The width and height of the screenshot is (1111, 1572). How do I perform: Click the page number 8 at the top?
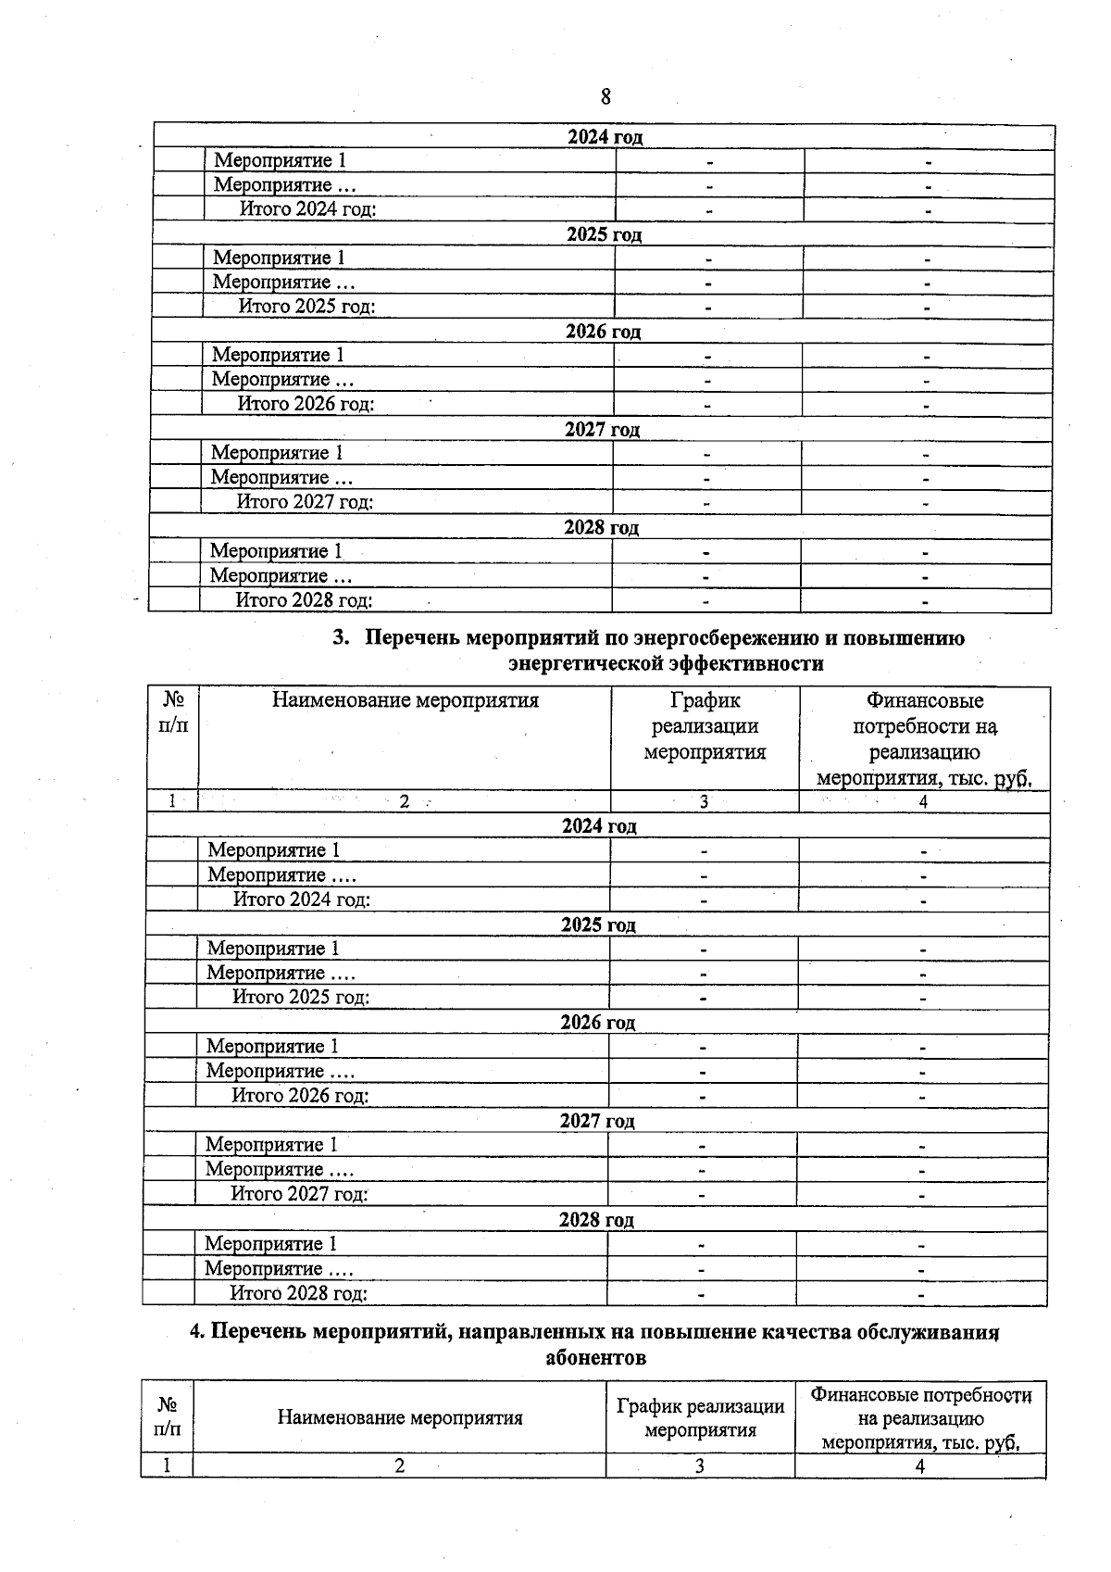pyautogui.click(x=605, y=96)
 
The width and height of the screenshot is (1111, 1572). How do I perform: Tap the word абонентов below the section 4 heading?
pyautogui.click(x=595, y=1358)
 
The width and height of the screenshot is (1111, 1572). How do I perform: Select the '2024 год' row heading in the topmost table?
pyautogui.click(x=605, y=137)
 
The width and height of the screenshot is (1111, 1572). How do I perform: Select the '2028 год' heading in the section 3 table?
pyautogui.click(x=596, y=1219)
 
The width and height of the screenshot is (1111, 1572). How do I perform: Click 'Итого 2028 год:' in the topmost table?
pyautogui.click(x=304, y=600)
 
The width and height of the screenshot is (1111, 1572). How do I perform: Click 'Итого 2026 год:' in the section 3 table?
pyautogui.click(x=300, y=1096)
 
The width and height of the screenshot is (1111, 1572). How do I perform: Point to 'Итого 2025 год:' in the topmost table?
pyautogui.click(x=306, y=307)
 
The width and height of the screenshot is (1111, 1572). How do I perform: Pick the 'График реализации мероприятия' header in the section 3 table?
pyautogui.click(x=705, y=726)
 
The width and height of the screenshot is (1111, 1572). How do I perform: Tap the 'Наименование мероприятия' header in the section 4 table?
pyautogui.click(x=400, y=1417)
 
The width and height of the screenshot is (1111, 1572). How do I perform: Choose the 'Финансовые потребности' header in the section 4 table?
pyautogui.click(x=920, y=1417)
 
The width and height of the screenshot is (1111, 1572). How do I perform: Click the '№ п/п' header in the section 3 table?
pyautogui.click(x=172, y=712)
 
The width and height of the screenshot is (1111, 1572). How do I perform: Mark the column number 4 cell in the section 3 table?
pyautogui.click(x=923, y=802)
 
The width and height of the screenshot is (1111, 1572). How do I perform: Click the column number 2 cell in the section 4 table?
pyautogui.click(x=400, y=1465)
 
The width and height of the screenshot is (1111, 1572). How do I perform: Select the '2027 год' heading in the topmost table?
pyautogui.click(x=602, y=430)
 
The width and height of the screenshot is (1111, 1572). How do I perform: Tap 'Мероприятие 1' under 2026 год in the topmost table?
pyautogui.click(x=278, y=355)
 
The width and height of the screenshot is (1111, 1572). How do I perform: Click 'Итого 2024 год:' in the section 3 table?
pyautogui.click(x=302, y=899)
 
